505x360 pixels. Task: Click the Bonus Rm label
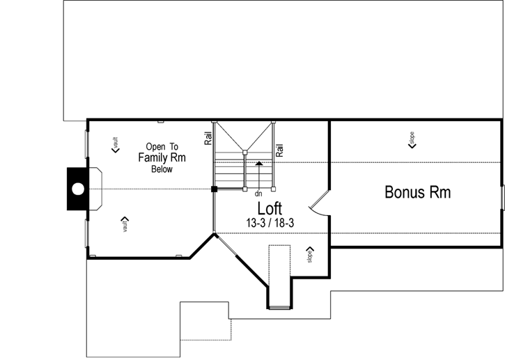[x=417, y=192]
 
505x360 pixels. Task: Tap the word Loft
[x=270, y=208]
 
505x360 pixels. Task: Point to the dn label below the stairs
[x=258, y=193]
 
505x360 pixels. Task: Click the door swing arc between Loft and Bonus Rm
[x=315, y=203]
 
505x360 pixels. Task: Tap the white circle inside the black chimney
[x=78, y=189]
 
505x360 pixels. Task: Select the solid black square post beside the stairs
[x=215, y=189]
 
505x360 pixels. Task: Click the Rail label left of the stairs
[x=208, y=139]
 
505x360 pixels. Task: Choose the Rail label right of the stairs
[x=279, y=149]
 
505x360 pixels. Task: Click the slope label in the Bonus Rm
[x=411, y=140]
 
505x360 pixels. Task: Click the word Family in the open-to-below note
[x=153, y=158]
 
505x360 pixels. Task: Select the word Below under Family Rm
[x=162, y=169]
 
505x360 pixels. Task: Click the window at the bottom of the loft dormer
[x=279, y=307]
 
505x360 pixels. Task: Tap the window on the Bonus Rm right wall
[x=502, y=197]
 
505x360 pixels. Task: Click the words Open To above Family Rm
[x=162, y=147]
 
